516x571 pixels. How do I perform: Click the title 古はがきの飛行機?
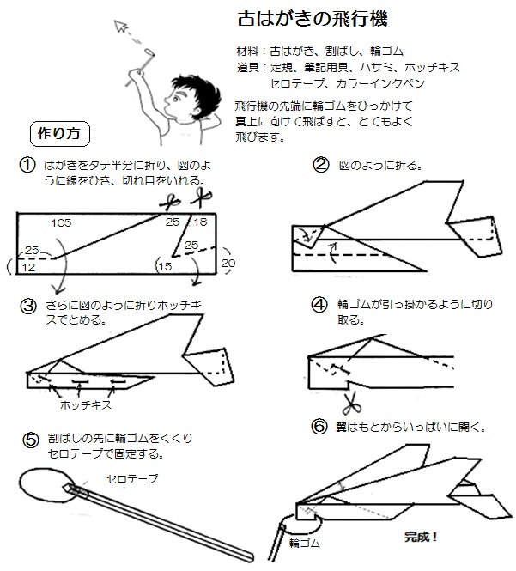point(303,20)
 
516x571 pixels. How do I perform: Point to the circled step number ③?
point(27,306)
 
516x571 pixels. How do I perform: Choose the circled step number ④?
point(320,305)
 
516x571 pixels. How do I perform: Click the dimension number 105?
point(61,222)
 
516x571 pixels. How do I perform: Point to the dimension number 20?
point(228,263)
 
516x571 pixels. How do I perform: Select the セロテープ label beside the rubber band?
point(132,477)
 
